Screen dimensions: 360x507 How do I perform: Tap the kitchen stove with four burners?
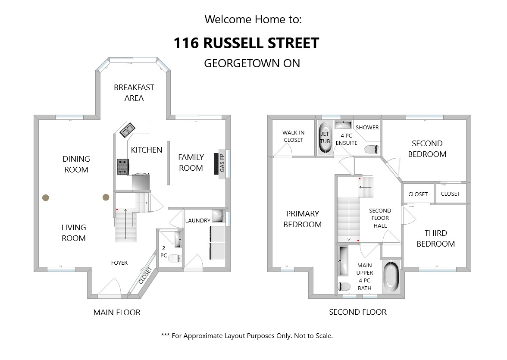click(123, 167)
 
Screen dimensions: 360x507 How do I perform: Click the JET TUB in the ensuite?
click(325, 137)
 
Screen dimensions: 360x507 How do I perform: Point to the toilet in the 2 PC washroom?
click(174, 259)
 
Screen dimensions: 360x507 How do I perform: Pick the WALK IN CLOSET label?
click(293, 136)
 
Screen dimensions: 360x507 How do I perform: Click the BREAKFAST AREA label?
click(134, 93)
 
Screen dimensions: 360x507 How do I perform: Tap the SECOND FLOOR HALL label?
click(380, 218)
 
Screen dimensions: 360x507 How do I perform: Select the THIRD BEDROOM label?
click(435, 238)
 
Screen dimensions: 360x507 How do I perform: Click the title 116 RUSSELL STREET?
click(246, 43)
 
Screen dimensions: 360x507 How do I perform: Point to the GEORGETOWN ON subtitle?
click(252, 63)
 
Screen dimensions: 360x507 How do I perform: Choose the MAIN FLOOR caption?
click(117, 312)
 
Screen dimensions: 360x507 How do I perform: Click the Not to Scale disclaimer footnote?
click(247, 335)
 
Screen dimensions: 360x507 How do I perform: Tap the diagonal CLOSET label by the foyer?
click(145, 275)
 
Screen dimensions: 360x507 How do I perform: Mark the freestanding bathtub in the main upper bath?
click(391, 277)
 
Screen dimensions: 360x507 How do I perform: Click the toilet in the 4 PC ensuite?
click(372, 150)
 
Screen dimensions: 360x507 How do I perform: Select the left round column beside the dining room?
click(45, 197)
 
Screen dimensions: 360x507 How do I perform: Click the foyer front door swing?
click(110, 287)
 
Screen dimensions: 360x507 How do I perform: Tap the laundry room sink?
click(218, 216)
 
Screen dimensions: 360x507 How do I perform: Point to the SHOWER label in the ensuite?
click(367, 127)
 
